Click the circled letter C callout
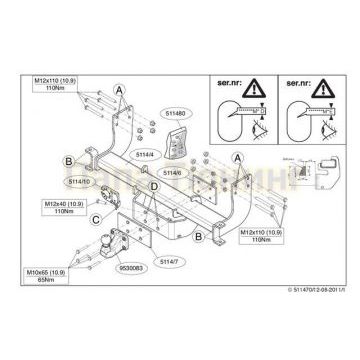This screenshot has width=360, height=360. [x=94, y=218]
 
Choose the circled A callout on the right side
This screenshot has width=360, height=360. [x=237, y=157]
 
